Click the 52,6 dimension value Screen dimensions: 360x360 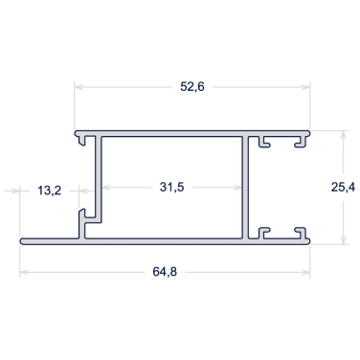click(x=192, y=86)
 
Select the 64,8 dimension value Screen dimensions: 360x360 click(x=165, y=272)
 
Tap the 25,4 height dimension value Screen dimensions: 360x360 click(x=343, y=188)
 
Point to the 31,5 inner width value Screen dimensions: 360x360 click(x=171, y=187)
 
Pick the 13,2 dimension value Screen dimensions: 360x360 click(x=49, y=191)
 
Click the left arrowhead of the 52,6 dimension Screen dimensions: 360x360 click(x=79, y=87)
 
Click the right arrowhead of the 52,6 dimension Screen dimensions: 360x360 click(x=305, y=87)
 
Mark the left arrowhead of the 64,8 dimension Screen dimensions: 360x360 click(x=25, y=272)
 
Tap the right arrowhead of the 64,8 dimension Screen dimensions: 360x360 click(x=305, y=272)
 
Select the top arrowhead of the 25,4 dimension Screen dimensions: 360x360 click(x=344, y=135)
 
